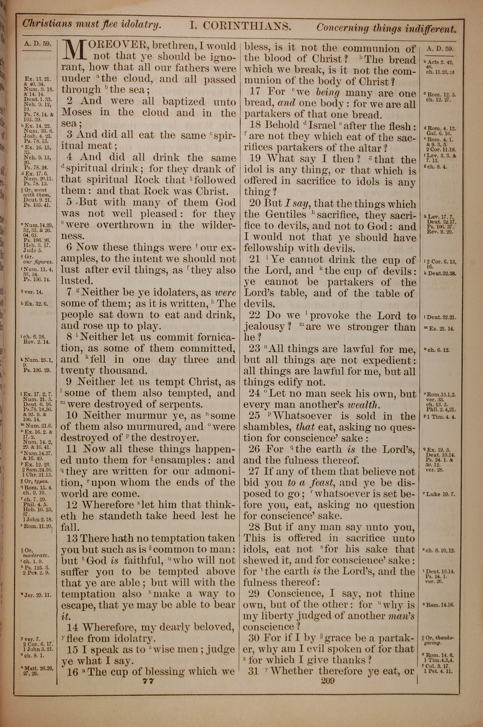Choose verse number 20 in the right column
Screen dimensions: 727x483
point(255,204)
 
